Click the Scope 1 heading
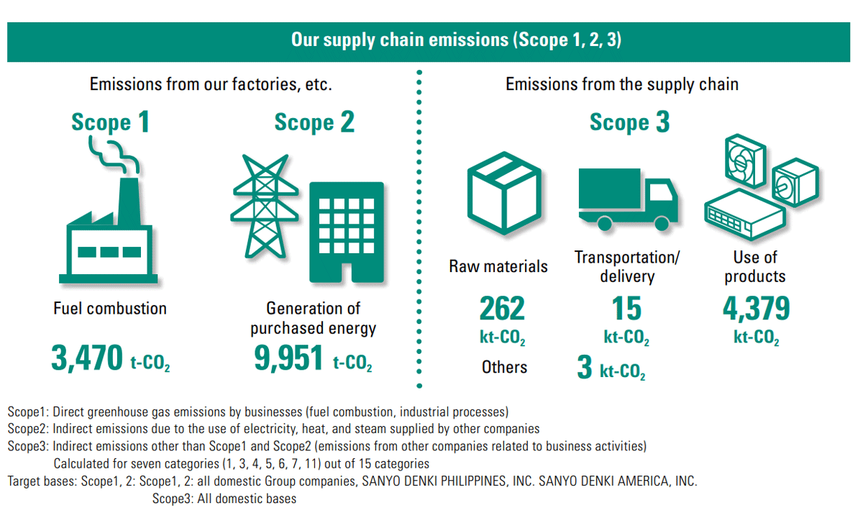[110, 122]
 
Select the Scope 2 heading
[314, 122]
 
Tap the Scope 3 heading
[629, 122]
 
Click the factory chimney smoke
[113, 156]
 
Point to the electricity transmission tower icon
[265, 207]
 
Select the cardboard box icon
[504, 193]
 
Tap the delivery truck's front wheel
[662, 223]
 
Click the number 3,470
[87, 358]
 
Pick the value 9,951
[288, 358]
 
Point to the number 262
[502, 308]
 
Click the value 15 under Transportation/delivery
[626, 308]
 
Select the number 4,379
[757, 308]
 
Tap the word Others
[504, 367]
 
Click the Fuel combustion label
[110, 308]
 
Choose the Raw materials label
[498, 266]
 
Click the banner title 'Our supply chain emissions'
[400, 40]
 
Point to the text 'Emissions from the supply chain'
[622, 84]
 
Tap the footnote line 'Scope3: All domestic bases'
[224, 498]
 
